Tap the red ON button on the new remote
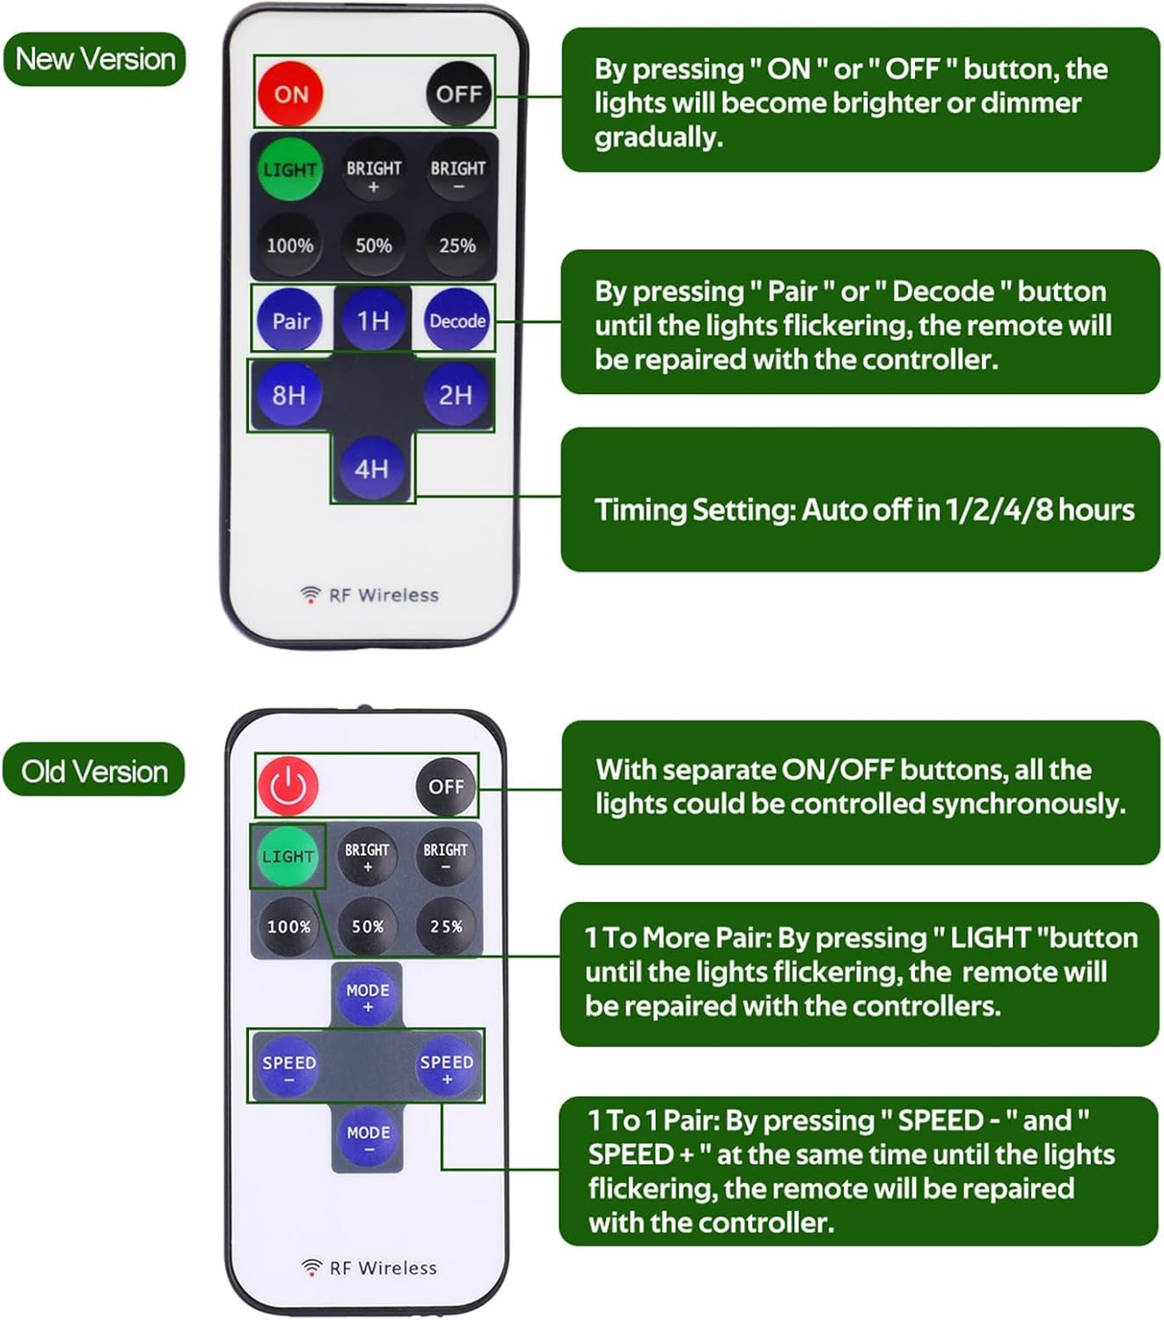pyautogui.click(x=290, y=93)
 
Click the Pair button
pyautogui.click(x=290, y=320)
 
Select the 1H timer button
pyautogui.click(x=373, y=320)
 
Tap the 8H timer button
pyautogui.click(x=289, y=394)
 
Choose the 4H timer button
pyautogui.click(x=372, y=468)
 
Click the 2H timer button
pyautogui.click(x=456, y=394)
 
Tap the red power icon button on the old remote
pyautogui.click(x=288, y=785)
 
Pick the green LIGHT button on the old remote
pyautogui.click(x=288, y=856)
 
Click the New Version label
pyautogui.click(x=95, y=59)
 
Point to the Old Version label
pyautogui.click(x=94, y=771)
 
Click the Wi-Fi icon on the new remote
pyautogui.click(x=310, y=595)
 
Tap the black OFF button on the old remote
pyautogui.click(x=446, y=786)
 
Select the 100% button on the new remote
pyautogui.click(x=289, y=246)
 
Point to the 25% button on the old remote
pyautogui.click(x=446, y=926)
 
